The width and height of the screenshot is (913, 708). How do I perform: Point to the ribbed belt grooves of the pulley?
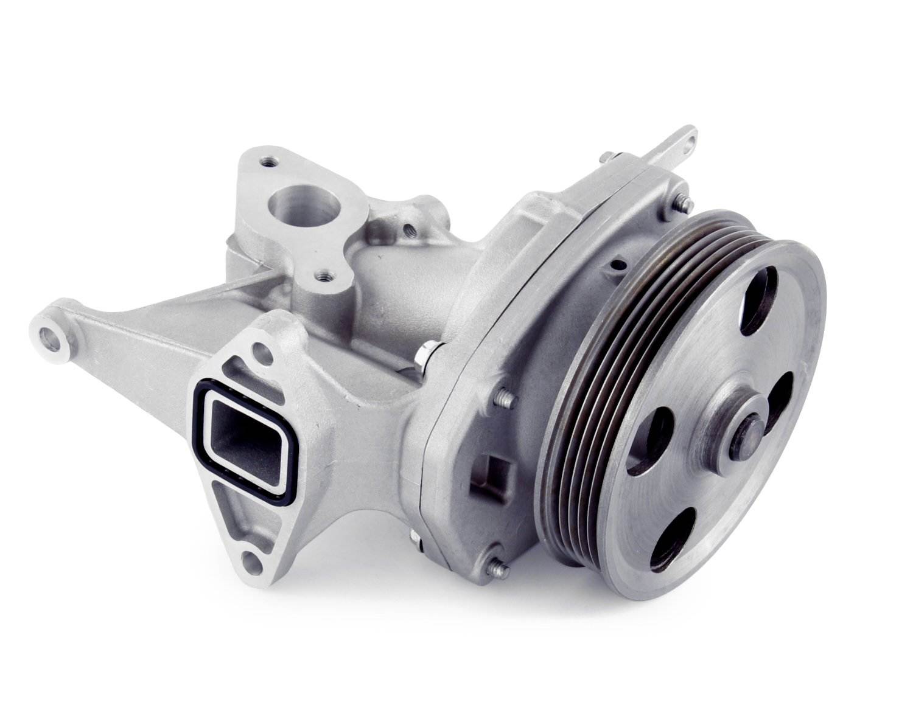(584, 389)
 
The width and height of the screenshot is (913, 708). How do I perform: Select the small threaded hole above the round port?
(267, 162)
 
